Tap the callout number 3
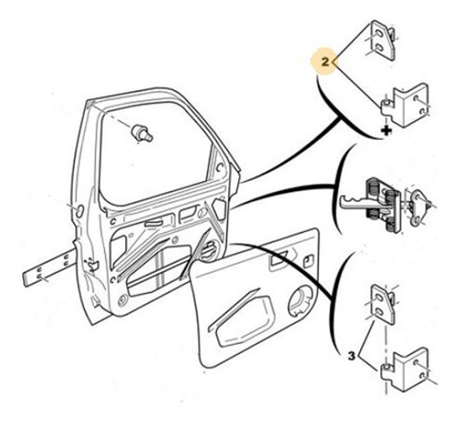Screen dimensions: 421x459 tap(352, 356)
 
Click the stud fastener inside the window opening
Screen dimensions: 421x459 tap(142, 133)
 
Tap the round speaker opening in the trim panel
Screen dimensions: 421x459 tap(299, 302)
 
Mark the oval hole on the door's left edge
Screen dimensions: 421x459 tap(77, 209)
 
